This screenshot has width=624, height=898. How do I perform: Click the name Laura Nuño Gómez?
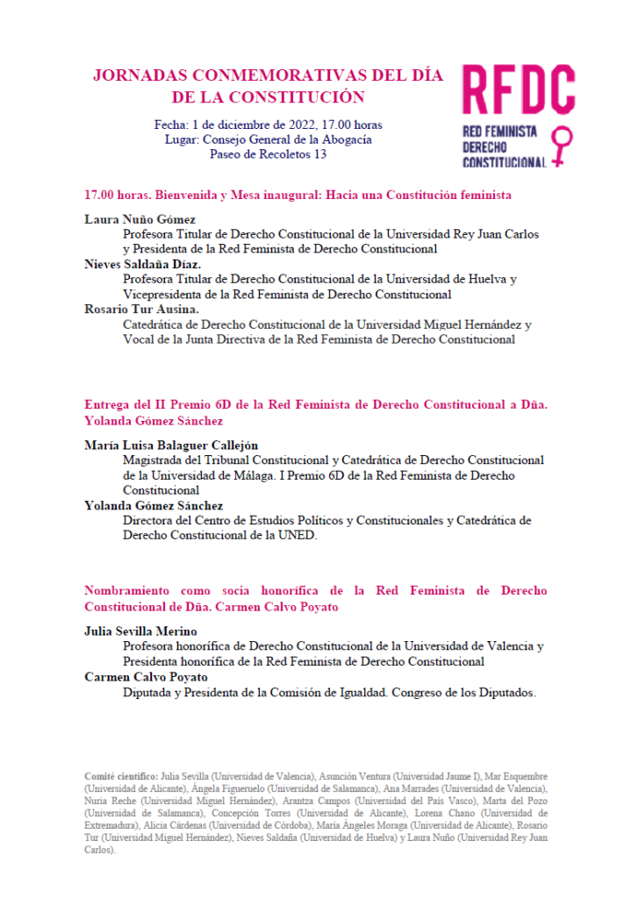[140, 219]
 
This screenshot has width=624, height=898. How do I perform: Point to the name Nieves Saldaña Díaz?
[143, 264]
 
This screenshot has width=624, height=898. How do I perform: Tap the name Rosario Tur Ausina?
[142, 309]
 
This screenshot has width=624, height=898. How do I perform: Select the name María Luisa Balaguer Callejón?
[171, 445]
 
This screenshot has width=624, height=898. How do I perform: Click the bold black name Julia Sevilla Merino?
[140, 631]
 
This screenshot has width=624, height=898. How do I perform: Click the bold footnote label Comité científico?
[121, 776]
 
